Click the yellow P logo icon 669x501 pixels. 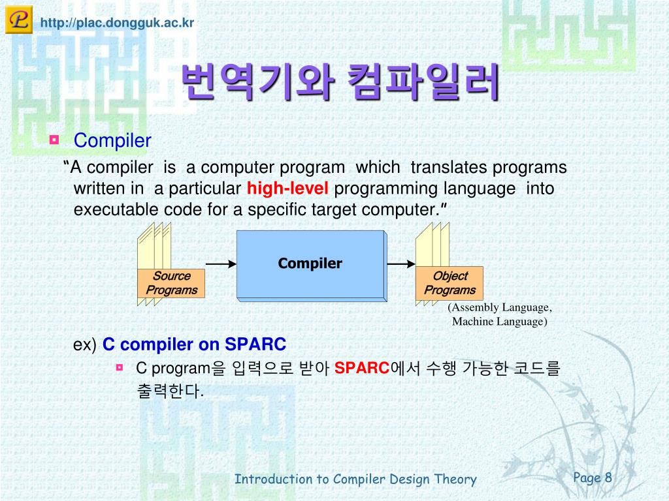point(19,20)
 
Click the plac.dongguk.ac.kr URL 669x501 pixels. point(117,23)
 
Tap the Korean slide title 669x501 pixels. point(340,82)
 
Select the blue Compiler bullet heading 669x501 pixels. point(112,141)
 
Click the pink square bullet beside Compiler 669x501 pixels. point(54,140)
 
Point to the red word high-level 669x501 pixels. point(287,189)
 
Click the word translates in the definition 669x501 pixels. point(443,168)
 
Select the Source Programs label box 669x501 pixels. point(172,283)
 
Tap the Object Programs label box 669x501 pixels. point(449,283)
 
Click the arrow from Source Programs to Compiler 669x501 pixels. point(221,264)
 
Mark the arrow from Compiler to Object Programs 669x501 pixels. point(401,264)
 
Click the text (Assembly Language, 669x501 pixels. point(500,307)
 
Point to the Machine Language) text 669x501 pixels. point(500,321)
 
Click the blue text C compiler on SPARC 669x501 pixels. point(194,344)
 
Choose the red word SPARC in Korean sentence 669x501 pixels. point(362,368)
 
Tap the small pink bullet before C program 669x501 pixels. point(120,367)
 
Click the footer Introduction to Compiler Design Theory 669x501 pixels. point(355,479)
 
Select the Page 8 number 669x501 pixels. point(592,478)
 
